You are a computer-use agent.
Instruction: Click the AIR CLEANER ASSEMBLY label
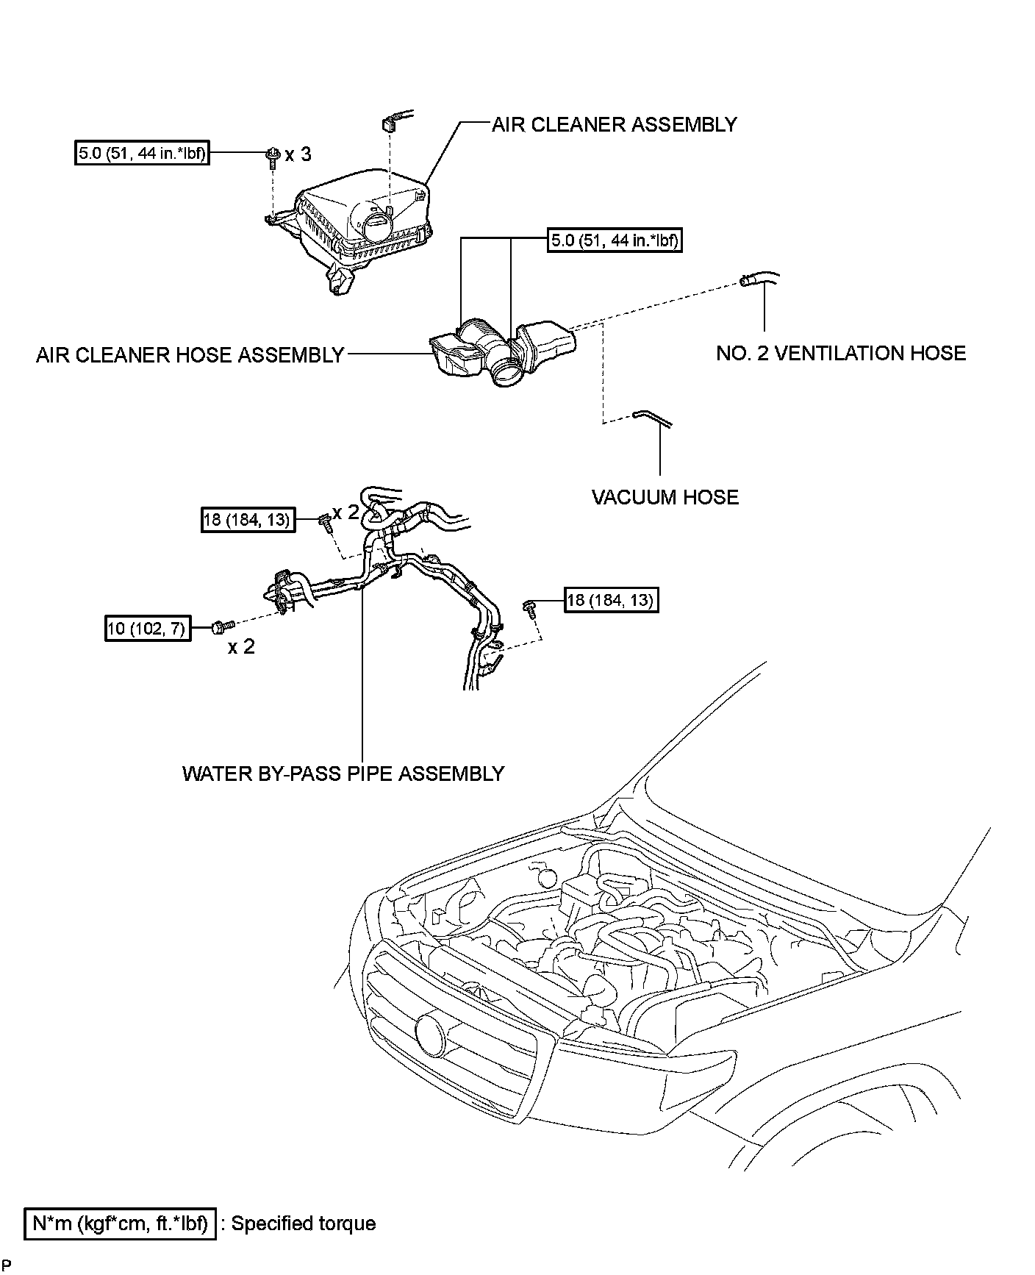click(614, 124)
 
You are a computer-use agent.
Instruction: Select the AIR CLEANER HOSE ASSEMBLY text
click(190, 355)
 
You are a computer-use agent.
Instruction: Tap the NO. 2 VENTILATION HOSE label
click(840, 354)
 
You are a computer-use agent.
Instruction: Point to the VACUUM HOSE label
click(665, 498)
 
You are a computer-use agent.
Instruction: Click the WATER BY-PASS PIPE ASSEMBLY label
click(343, 774)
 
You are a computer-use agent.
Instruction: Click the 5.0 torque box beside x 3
click(142, 154)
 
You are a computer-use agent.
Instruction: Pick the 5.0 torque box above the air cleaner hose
click(615, 240)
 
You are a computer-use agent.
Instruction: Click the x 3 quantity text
click(298, 154)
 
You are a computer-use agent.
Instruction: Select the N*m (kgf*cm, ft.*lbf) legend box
click(121, 1224)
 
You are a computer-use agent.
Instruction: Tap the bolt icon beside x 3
click(273, 156)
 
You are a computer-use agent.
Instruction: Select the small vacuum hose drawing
click(651, 419)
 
